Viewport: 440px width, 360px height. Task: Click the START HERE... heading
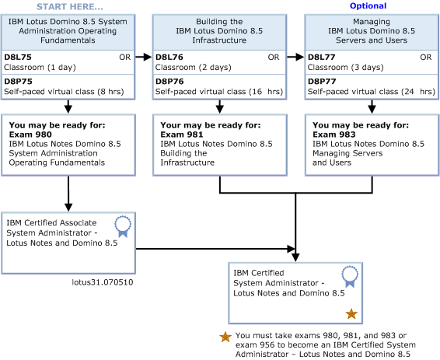69,6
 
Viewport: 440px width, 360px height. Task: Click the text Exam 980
29,134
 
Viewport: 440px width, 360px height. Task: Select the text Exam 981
181,134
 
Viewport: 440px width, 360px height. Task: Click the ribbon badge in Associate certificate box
123,226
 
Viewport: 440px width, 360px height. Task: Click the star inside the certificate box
351,313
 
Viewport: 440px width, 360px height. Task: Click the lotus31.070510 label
101,282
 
